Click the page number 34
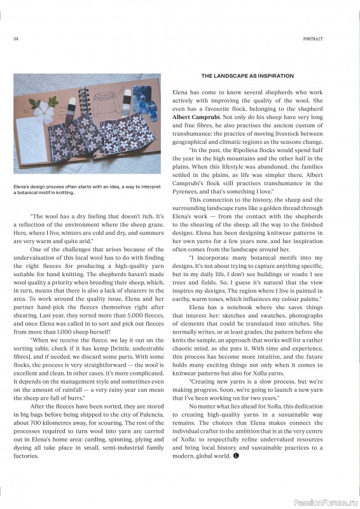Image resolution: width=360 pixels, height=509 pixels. click(15, 39)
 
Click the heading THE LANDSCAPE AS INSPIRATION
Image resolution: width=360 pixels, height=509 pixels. click(247, 76)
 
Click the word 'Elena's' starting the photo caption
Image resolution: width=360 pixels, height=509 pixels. click(22, 186)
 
